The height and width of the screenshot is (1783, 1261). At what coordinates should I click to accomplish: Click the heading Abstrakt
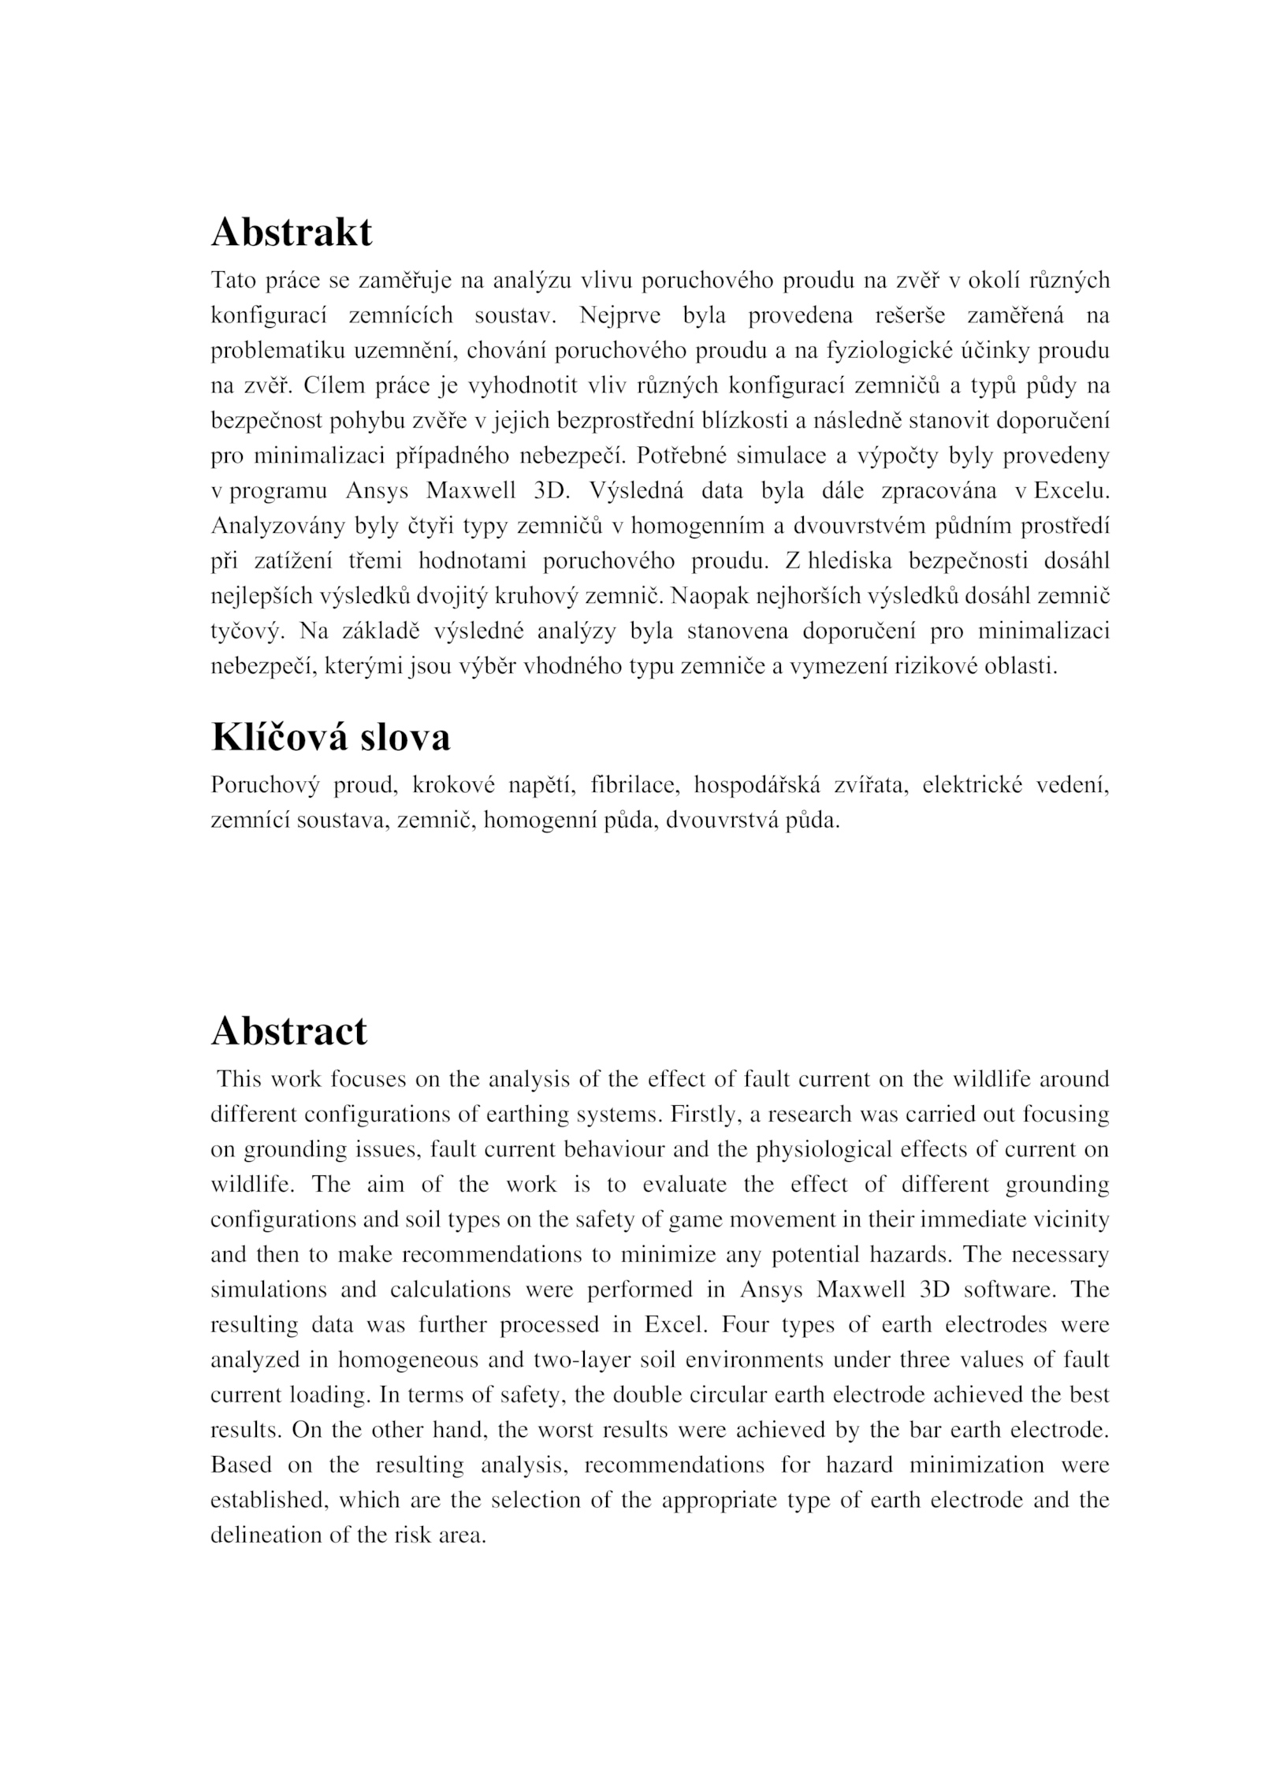pos(292,233)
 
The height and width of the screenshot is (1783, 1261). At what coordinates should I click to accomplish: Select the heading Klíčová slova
pos(331,737)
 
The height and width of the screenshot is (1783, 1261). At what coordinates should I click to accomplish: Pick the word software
pos(1011,1290)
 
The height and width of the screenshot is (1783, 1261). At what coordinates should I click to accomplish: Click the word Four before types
pos(745,1325)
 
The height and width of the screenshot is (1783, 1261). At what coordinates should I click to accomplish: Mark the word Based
pos(241,1465)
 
